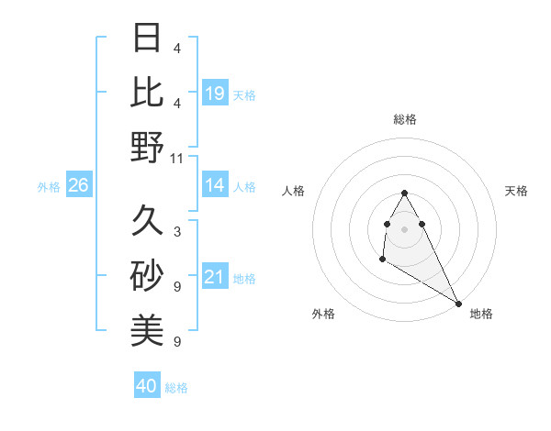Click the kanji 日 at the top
pyautogui.click(x=147, y=39)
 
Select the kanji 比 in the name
pyautogui.click(x=147, y=92)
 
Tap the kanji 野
pyautogui.click(x=147, y=147)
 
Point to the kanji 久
pyautogui.click(x=147, y=220)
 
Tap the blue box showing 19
pyautogui.click(x=215, y=93)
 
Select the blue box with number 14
pyautogui.click(x=215, y=185)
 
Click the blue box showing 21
pyautogui.click(x=215, y=277)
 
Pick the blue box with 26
pyautogui.click(x=78, y=185)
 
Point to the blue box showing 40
pyautogui.click(x=147, y=386)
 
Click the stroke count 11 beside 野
pyautogui.click(x=177, y=158)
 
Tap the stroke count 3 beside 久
pyautogui.click(x=177, y=231)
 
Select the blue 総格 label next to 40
pyautogui.click(x=176, y=388)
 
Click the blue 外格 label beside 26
pyautogui.click(x=49, y=187)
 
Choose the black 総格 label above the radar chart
pyautogui.click(x=405, y=119)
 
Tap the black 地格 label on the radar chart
pyautogui.click(x=481, y=314)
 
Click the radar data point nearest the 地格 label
pyautogui.click(x=458, y=304)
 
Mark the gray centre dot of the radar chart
pyautogui.click(x=405, y=228)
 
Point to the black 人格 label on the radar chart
pyautogui.click(x=294, y=191)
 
